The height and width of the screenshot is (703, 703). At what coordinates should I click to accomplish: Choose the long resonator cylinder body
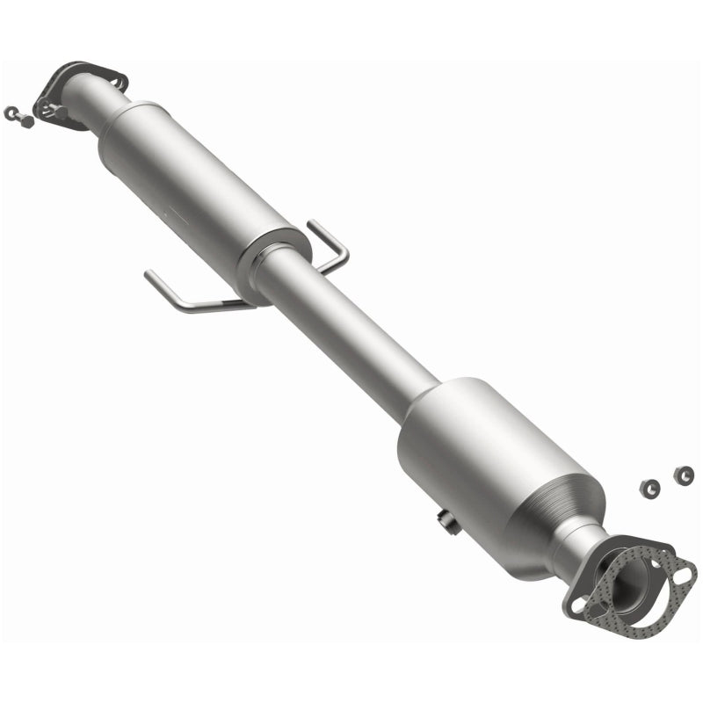pos(193,185)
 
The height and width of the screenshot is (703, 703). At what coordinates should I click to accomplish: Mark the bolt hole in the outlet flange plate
pos(576,604)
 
